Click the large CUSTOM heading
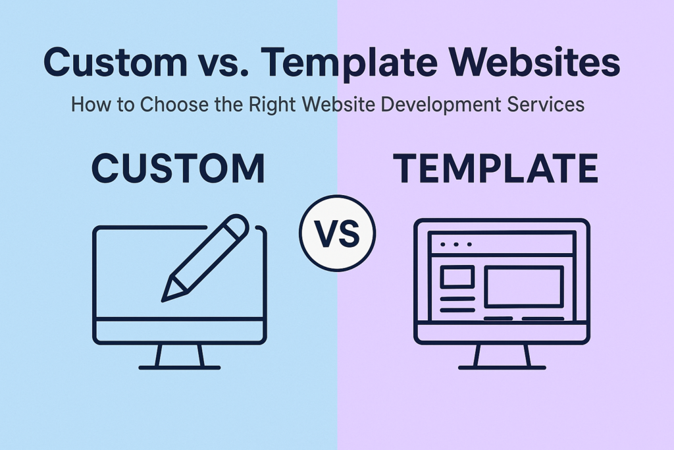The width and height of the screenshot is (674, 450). coord(178,169)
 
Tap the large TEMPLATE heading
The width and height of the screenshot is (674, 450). coord(495,169)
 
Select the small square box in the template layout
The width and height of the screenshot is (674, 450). coord(457,277)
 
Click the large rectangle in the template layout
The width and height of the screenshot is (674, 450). coord(524,287)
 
